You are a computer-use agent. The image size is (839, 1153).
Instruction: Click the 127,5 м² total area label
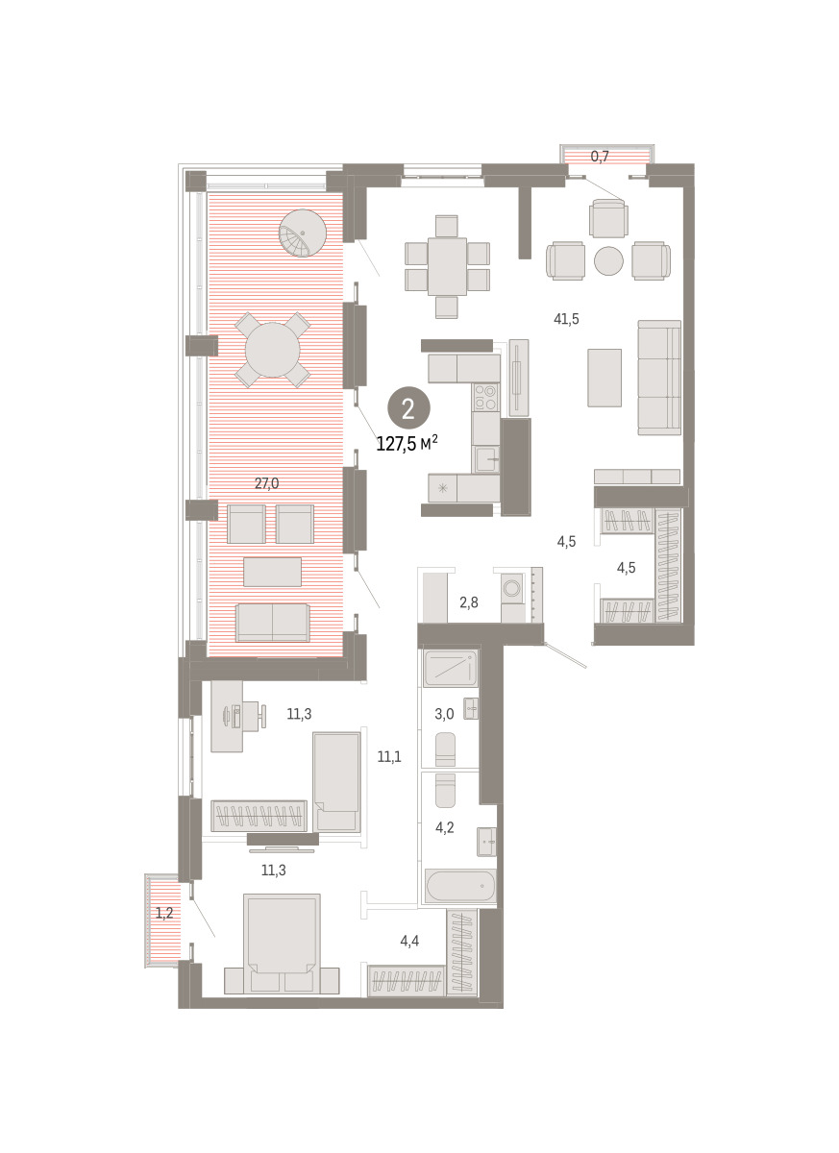point(407,443)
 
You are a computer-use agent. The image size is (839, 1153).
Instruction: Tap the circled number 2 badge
point(408,408)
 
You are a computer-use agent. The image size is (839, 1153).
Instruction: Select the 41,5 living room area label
point(566,319)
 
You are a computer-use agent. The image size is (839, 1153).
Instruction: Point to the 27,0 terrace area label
point(266,483)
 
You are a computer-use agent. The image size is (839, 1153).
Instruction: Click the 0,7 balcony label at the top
point(600,157)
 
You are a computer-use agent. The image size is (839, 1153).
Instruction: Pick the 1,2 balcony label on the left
point(164,913)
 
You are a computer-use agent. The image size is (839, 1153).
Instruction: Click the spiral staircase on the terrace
point(302,233)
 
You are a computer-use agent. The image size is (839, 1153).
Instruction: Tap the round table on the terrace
point(272,350)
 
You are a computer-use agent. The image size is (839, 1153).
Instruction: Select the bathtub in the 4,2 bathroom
point(460,886)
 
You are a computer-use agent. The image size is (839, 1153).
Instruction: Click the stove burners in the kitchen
point(485,397)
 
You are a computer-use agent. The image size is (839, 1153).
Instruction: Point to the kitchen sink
point(486,458)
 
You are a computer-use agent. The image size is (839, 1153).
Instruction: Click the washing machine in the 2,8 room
point(512,588)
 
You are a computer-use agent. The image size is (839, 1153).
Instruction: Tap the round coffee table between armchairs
point(608,260)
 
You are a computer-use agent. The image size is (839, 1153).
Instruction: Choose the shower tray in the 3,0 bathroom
point(451,668)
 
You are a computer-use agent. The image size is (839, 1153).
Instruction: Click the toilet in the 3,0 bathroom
point(445,748)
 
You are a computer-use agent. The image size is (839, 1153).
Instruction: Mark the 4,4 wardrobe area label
point(409,941)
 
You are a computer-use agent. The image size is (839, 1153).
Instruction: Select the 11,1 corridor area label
point(388,757)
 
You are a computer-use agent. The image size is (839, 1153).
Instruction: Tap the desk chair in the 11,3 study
point(254,716)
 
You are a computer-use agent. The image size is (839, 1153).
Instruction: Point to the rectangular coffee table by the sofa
point(605,378)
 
